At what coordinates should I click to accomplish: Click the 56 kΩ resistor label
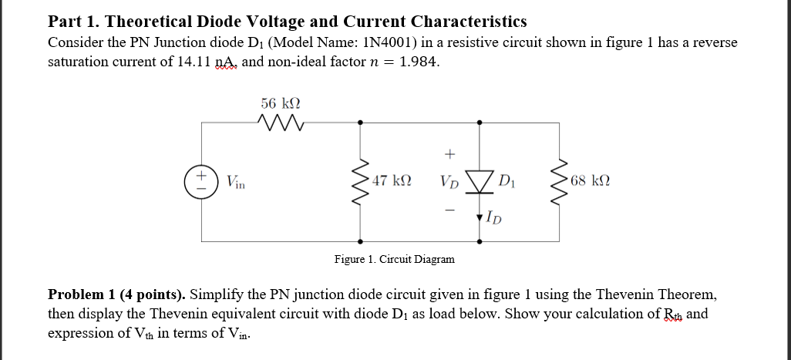coord(281,103)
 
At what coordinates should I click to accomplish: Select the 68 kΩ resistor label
coord(591,182)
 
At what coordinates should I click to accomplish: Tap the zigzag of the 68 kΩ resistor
coord(559,182)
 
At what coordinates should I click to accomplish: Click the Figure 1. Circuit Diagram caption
coord(394,259)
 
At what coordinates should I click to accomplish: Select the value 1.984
coord(419,62)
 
